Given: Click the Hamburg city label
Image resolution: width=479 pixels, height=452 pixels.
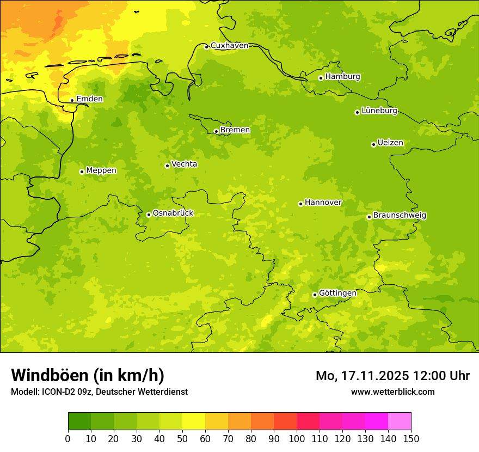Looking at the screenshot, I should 342,77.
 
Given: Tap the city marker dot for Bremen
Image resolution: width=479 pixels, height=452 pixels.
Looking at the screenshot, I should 216,131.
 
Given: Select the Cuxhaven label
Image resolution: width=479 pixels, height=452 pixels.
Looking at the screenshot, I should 229,46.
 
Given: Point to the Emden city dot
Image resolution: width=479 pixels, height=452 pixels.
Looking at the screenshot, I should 72,100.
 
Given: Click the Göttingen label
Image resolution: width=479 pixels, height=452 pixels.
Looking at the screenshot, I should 337,293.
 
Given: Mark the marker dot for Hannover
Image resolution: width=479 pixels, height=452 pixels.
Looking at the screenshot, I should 300,204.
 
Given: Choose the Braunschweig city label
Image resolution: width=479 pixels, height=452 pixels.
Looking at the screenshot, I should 400,216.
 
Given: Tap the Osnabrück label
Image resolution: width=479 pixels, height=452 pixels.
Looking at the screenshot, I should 173,213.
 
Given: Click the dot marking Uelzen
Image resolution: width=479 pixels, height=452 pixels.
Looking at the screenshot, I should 373,144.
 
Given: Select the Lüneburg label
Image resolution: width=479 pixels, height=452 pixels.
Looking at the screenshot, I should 379,111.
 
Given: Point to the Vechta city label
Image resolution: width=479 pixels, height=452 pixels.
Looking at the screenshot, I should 184,164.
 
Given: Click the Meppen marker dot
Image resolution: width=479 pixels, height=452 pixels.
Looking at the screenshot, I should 82,172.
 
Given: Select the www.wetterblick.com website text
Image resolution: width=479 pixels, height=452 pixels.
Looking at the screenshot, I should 392,392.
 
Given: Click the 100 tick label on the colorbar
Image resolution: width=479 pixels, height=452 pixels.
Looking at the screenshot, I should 297,438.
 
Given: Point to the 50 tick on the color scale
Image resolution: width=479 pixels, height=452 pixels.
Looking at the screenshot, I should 182,438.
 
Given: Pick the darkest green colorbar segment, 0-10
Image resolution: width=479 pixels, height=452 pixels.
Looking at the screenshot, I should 79,422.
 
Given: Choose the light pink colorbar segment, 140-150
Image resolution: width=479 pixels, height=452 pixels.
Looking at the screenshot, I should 400,422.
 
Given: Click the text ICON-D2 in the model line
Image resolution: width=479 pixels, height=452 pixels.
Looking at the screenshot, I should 58,392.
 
